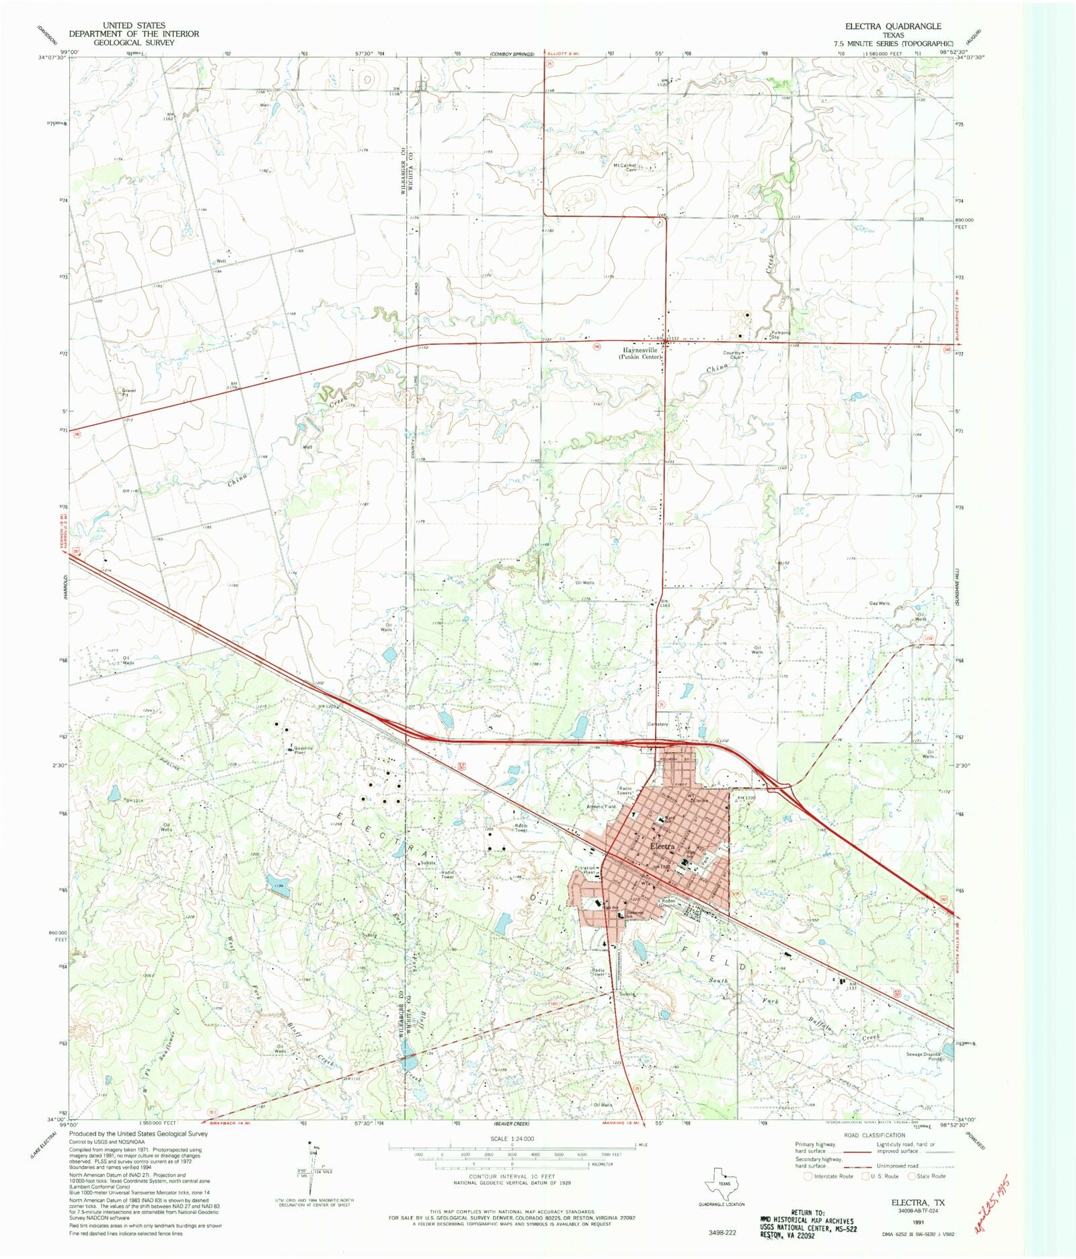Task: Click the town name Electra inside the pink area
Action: [663, 846]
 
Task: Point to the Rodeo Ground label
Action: [668, 903]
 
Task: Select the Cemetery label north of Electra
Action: [658, 725]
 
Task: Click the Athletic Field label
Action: [601, 807]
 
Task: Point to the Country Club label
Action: [732, 355]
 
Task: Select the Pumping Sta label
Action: [781, 334]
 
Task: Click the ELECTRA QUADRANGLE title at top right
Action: [893, 26]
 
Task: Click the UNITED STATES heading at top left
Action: [134, 26]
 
